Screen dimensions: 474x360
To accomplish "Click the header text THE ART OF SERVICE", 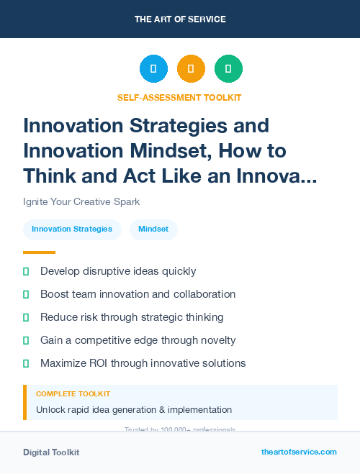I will click(x=180, y=19).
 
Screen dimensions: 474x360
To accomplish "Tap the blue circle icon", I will click(x=153, y=69).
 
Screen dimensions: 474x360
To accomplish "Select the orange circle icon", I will click(x=191, y=69).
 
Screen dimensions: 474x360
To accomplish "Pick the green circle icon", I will click(x=228, y=69).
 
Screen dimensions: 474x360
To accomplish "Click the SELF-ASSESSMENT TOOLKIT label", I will click(x=180, y=97).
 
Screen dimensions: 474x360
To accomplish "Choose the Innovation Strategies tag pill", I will click(x=72, y=229).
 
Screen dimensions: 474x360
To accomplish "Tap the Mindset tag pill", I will click(x=153, y=229).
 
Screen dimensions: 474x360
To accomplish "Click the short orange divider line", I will click(x=39, y=252).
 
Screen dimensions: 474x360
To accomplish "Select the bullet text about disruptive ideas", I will click(x=118, y=271).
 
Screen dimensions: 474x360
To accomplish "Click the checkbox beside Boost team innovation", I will click(x=26, y=294).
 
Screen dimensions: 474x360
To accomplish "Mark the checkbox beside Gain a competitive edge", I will click(x=26, y=340).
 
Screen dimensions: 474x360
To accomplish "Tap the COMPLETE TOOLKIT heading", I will click(x=73, y=394).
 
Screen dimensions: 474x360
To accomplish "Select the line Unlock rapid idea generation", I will click(x=134, y=410).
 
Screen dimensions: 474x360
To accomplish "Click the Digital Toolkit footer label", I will click(x=51, y=452).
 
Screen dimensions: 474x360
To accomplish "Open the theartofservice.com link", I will click(x=299, y=452).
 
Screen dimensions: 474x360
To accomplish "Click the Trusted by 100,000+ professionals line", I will click(x=180, y=429).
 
